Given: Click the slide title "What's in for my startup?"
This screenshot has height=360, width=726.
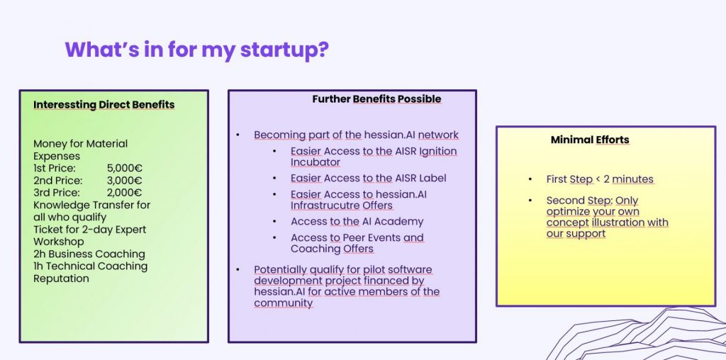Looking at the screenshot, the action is (x=197, y=50).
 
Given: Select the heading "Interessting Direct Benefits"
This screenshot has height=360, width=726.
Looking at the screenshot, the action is (x=104, y=105).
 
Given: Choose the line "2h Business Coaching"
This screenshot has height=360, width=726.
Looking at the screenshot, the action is (x=89, y=254).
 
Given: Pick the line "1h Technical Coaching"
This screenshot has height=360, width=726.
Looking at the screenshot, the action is (x=90, y=266).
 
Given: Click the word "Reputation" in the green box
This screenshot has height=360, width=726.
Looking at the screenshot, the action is (x=61, y=279).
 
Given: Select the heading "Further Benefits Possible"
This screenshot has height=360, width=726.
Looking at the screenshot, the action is (x=376, y=99).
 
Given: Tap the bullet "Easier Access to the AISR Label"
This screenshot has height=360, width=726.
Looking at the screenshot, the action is (x=369, y=178).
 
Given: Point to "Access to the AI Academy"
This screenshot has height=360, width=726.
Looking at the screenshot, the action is (x=357, y=222).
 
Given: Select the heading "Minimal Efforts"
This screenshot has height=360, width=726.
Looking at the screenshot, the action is (x=590, y=140).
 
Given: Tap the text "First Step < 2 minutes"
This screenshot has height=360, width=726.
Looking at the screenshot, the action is (x=600, y=179).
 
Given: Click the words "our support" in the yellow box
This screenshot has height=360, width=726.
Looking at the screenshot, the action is (x=576, y=234).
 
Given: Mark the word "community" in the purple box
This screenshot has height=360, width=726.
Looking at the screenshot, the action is (x=284, y=303).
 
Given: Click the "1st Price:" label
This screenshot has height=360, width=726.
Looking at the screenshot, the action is (x=55, y=168).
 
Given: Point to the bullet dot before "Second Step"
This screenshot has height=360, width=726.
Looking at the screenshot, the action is (x=530, y=201).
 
